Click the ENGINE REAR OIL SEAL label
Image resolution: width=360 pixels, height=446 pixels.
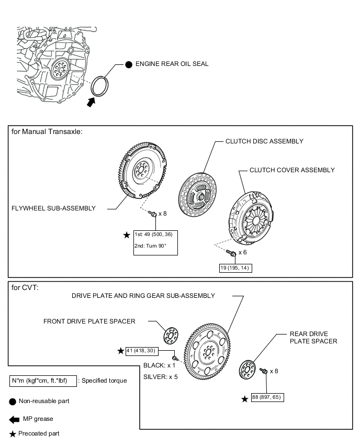coord(172,64)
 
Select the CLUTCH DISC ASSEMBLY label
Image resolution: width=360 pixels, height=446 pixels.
coord(264,141)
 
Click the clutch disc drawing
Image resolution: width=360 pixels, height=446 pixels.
coord(198,195)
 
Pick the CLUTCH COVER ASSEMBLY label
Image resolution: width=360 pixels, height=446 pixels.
coord(292,170)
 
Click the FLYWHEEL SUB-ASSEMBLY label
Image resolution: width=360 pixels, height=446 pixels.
coord(53,208)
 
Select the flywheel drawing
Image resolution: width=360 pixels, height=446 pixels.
coord(142,170)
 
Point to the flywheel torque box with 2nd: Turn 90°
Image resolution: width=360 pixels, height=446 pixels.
coord(155,242)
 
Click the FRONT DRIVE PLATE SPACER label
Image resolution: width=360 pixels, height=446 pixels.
coord(89,321)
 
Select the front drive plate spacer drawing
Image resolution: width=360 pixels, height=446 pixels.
coord(171,336)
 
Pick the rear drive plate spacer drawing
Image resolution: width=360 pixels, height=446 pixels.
coord(247,370)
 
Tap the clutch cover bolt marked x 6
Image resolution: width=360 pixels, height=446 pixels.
coord(231,252)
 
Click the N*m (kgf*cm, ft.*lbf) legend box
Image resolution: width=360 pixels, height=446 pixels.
coord(43,381)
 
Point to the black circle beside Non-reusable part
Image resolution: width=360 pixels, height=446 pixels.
coord(13,402)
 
